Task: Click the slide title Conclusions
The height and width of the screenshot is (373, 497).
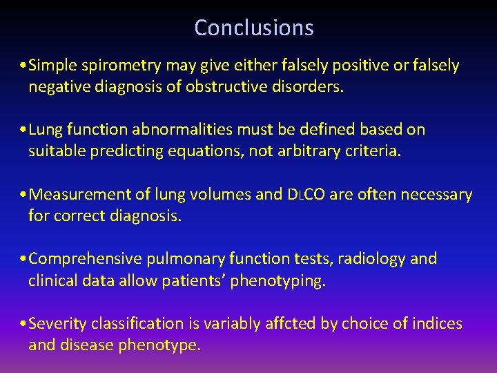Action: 253,28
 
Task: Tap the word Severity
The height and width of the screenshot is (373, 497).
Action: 57,324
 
